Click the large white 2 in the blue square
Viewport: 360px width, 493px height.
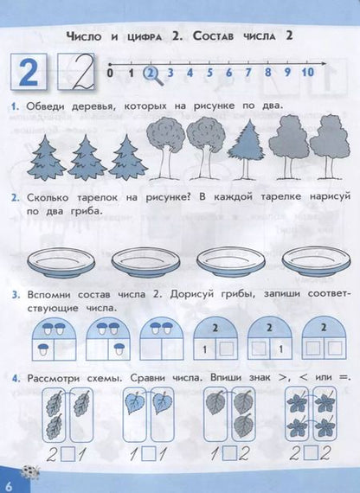tap(29, 73)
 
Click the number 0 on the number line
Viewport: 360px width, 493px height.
tap(110, 73)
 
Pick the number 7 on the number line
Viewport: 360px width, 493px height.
tap(251, 73)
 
